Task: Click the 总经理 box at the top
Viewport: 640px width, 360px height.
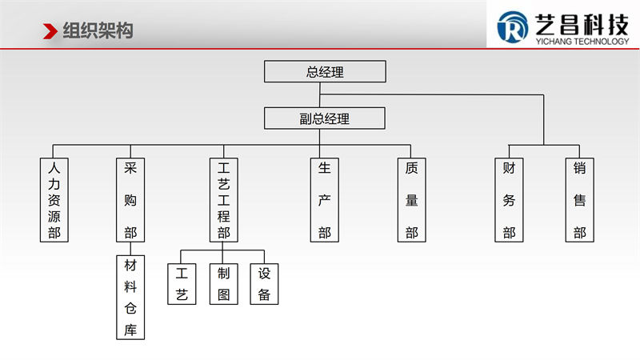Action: tap(325, 71)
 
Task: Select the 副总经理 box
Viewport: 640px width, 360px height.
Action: tap(325, 118)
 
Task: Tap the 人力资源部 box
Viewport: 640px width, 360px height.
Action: tap(54, 200)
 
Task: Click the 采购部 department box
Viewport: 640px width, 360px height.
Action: tap(130, 200)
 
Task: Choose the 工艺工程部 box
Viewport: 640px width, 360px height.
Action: tap(224, 200)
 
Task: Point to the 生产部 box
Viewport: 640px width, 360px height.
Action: tap(324, 200)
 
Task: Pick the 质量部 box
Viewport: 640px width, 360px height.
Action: tap(411, 200)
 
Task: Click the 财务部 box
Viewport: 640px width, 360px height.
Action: tap(509, 200)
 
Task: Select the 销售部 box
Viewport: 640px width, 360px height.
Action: tap(579, 200)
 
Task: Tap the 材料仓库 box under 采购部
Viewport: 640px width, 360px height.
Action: tap(130, 297)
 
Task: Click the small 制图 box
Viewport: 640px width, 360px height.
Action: tap(224, 283)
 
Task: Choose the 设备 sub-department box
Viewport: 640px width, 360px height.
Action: tap(264, 283)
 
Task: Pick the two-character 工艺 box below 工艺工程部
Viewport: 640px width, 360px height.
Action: tap(181, 283)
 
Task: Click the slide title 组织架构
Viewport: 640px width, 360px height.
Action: tap(98, 31)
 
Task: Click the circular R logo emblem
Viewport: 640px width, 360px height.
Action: tap(512, 28)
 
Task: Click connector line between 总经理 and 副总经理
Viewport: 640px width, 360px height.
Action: tap(320, 98)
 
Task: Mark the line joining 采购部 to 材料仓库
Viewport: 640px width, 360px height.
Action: tap(130, 249)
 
